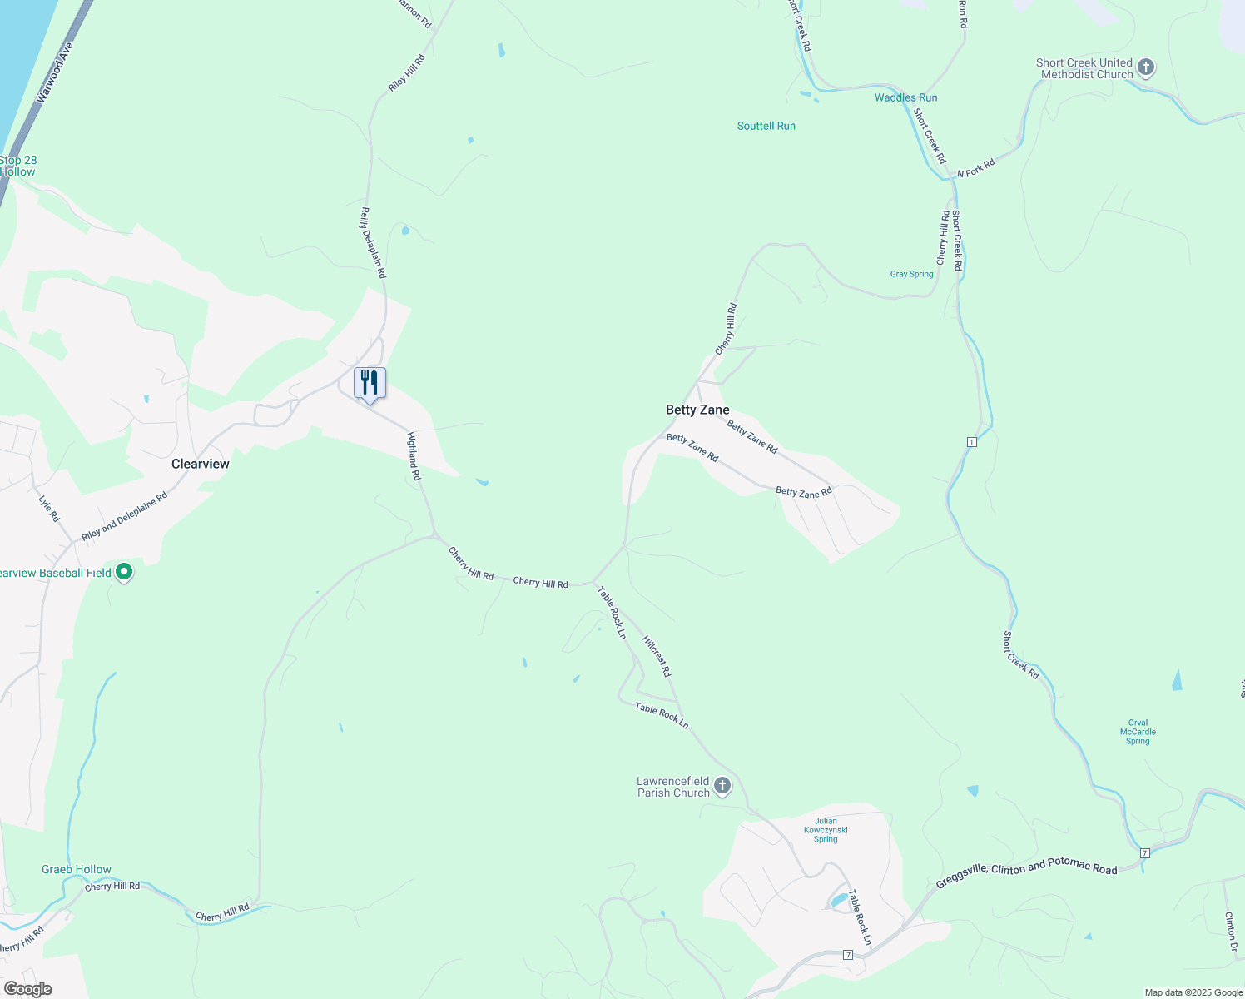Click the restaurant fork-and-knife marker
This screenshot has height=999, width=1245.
370,383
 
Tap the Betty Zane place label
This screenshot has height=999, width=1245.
697,410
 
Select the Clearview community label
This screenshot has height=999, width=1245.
200,464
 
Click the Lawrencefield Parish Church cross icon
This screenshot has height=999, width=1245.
722,785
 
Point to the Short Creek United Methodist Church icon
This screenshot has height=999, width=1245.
1146,67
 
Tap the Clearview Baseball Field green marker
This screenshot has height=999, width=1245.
124,572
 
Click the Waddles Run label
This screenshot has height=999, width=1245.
905,97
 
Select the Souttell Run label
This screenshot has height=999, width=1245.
766,126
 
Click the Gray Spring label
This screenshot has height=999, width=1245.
911,274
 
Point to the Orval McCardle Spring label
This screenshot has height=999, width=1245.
1138,732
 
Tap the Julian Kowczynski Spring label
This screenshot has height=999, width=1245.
826,830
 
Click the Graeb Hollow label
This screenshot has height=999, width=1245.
77,869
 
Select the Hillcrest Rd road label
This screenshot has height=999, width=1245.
657,656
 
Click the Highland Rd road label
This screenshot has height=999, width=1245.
414,455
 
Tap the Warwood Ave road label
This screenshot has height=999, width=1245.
55,73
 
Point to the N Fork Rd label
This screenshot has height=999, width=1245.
975,168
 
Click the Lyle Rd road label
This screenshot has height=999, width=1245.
49,509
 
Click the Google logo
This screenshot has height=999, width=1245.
28,989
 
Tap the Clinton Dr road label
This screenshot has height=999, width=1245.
1231,931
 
